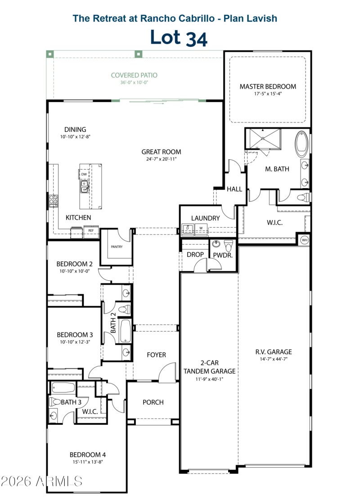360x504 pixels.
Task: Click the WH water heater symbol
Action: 304,239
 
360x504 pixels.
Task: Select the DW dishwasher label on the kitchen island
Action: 84,174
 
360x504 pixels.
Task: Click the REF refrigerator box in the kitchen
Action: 90,230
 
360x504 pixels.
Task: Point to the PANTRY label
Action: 117,247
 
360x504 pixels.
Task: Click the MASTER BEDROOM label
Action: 268,86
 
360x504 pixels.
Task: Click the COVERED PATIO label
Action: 134,75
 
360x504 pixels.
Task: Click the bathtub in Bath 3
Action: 63,387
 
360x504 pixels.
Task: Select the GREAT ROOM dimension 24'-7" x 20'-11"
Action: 161,159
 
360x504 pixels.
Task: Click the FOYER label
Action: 156,355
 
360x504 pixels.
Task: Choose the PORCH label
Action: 153,402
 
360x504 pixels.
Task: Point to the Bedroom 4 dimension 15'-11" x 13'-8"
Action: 88,461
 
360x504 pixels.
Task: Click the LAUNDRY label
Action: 205,218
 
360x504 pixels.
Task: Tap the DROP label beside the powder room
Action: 195,255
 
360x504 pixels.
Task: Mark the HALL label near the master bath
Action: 234,189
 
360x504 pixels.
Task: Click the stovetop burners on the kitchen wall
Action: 54,199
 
